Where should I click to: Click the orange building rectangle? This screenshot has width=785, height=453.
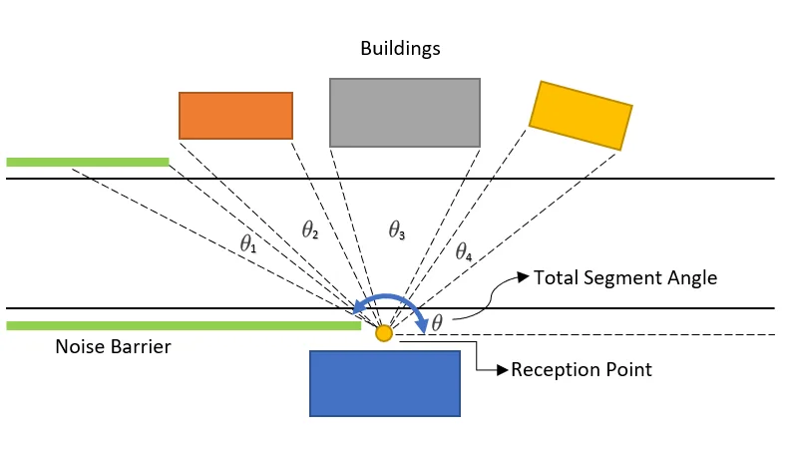[x=235, y=115]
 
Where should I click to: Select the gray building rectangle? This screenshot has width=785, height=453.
[x=405, y=113]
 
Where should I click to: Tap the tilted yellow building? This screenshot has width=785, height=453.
[x=581, y=115]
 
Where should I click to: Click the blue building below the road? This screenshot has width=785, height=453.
[x=385, y=382]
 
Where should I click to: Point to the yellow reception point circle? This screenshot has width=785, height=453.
[x=384, y=333]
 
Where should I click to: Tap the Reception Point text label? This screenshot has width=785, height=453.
[x=582, y=370]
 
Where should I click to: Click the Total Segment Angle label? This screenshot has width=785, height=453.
[x=625, y=277]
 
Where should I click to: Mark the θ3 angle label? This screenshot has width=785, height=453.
[x=396, y=230]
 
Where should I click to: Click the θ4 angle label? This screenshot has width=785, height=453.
[x=464, y=251]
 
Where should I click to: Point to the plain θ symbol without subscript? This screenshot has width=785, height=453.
[x=437, y=322]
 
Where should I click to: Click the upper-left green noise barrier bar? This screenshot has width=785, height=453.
[x=88, y=161]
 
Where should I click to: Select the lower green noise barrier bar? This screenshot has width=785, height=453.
[x=183, y=325]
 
